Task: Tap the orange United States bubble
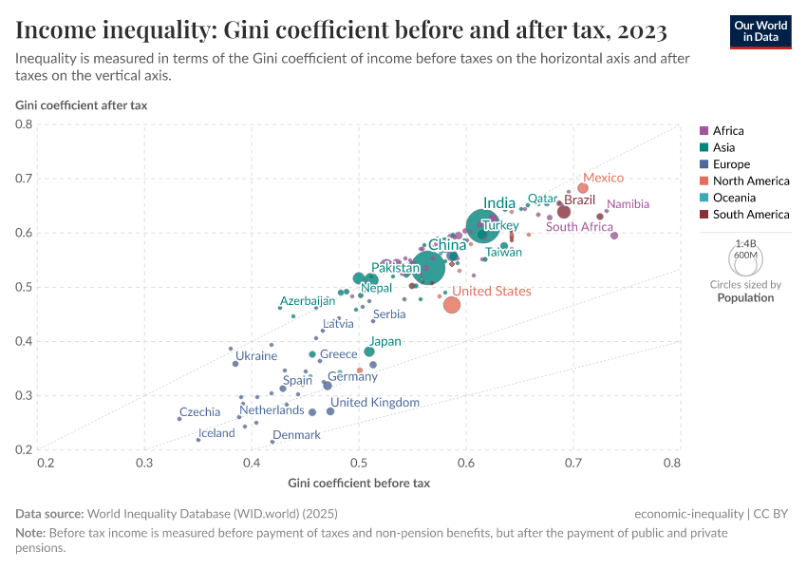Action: pyautogui.click(x=452, y=305)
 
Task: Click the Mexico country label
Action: pyautogui.click(x=603, y=178)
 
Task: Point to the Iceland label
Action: pyautogui.click(x=216, y=433)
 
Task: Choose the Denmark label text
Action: pyautogui.click(x=296, y=435)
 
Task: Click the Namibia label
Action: pyautogui.click(x=628, y=204)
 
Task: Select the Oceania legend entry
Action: pyautogui.click(x=734, y=198)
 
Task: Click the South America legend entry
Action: pyautogui.click(x=750, y=215)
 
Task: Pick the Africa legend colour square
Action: pyautogui.click(x=704, y=131)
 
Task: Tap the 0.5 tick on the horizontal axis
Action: pyautogui.click(x=359, y=464)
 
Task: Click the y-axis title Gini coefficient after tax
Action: pyautogui.click(x=81, y=104)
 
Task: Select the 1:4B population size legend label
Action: pyautogui.click(x=746, y=244)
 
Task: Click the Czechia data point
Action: pyautogui.click(x=179, y=418)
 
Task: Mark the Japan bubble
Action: pyautogui.click(x=369, y=351)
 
